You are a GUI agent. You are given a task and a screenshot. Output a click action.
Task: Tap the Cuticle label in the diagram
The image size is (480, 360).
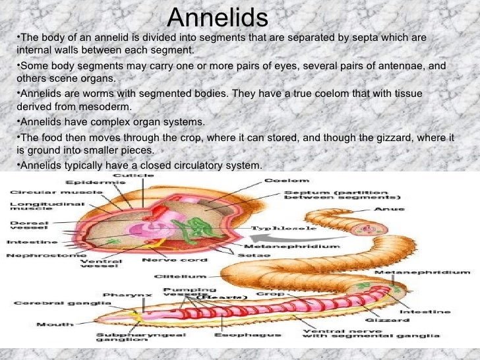(x=134, y=175)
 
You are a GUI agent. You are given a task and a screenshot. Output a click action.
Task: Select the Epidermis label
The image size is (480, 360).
(x=85, y=182)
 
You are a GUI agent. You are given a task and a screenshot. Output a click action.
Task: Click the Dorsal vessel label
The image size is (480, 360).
(x=26, y=227)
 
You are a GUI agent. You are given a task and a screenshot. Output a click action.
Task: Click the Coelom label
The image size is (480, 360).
(x=286, y=180)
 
